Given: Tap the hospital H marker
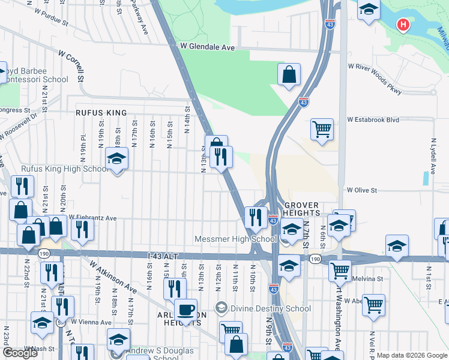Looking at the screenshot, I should click(404, 25).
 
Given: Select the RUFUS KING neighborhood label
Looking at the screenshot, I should click(101, 113).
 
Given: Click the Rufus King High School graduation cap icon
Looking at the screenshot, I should click(116, 158).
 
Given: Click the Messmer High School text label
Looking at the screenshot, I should click(235, 239).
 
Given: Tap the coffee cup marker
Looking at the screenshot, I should click(185, 310).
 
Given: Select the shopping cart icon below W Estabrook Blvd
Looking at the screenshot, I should click(322, 128).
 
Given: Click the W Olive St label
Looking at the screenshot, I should click(362, 190).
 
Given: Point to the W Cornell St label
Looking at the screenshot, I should click(71, 66).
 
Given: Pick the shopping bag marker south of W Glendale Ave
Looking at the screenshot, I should click(289, 74).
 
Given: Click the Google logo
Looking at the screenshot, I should click(19, 353).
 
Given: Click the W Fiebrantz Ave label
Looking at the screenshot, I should click(93, 218).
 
